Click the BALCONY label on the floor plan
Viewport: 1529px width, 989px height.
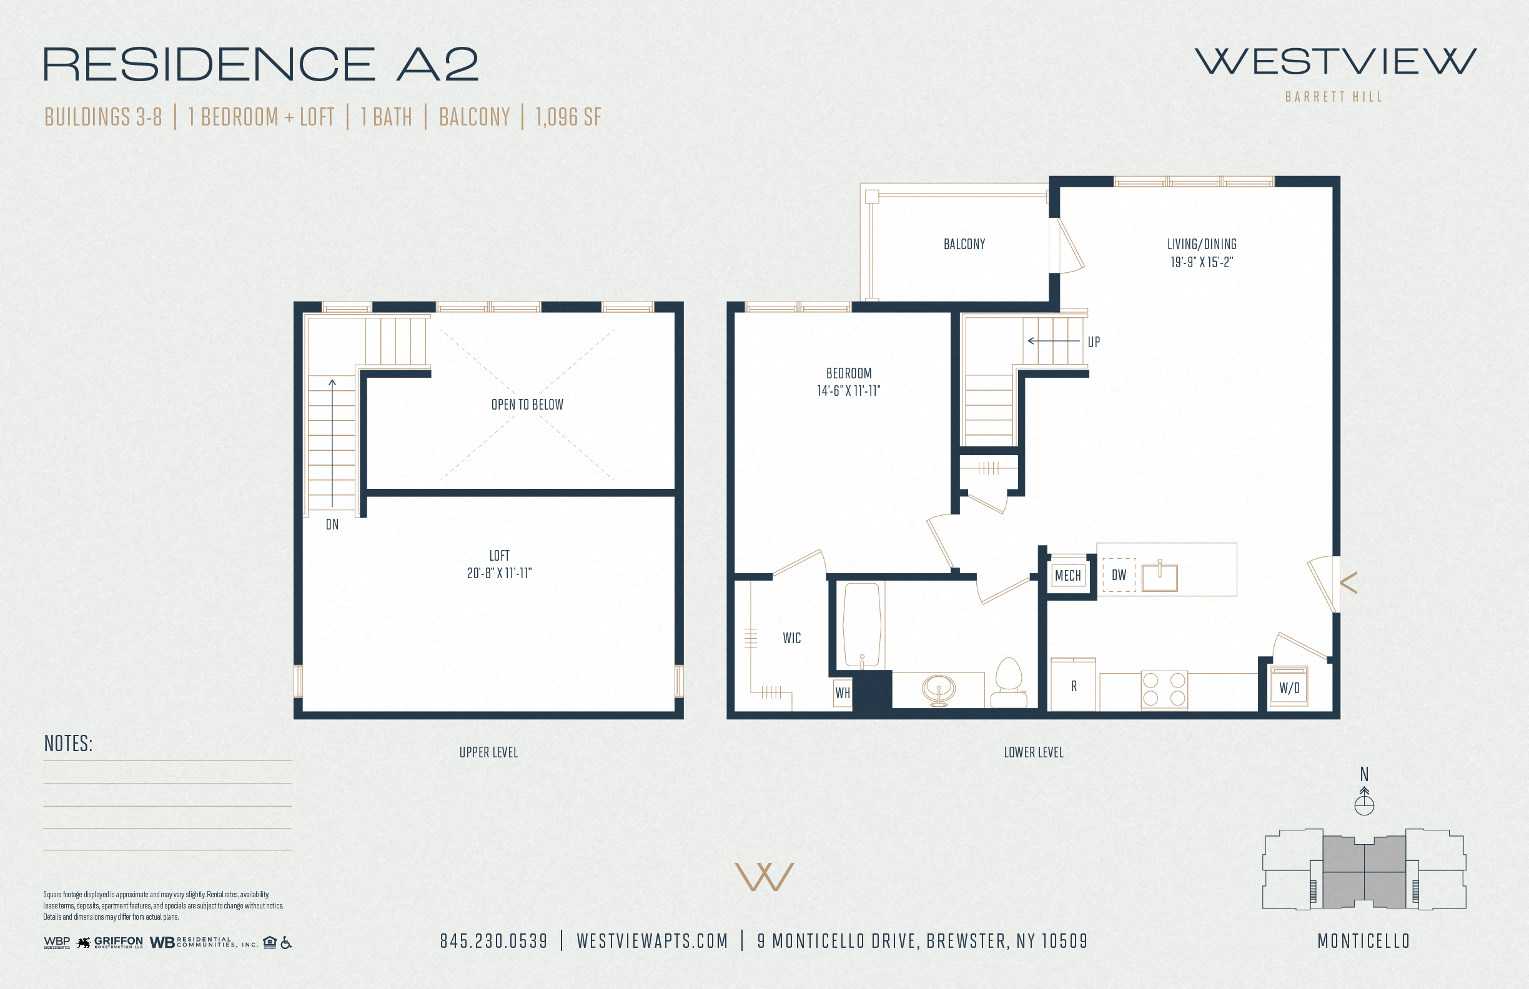964,244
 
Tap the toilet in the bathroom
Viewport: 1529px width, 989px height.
1009,682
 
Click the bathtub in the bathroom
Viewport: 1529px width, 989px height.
861,625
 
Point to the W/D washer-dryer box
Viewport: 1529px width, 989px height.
1289,687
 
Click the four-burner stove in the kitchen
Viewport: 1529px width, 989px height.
1164,690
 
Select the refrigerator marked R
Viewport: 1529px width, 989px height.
1073,684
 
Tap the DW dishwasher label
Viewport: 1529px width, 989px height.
1119,576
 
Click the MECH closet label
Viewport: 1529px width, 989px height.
1067,576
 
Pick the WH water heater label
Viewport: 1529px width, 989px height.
842,693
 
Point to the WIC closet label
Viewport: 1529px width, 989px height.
791,638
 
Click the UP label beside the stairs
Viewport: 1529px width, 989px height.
1094,342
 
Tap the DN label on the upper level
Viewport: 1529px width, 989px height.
332,524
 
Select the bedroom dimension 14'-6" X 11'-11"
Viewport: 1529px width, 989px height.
849,391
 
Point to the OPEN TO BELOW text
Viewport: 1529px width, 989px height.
527,405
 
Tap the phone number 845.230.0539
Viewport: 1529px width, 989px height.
493,942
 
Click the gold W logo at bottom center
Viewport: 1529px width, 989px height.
764,877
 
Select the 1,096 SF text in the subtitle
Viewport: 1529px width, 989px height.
568,117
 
